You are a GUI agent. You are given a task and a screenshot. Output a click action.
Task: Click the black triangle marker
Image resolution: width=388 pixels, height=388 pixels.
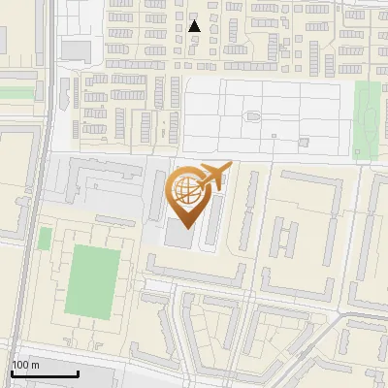pyautogui.click(x=195, y=26)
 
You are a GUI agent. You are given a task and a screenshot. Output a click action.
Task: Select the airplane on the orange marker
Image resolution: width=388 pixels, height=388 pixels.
pyautogui.click(x=214, y=176)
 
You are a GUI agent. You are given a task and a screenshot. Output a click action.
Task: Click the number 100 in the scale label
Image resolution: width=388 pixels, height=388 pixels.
pyautogui.click(x=19, y=365)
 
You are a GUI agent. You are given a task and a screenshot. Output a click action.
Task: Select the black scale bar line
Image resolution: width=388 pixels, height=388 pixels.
pyautogui.click(x=45, y=373)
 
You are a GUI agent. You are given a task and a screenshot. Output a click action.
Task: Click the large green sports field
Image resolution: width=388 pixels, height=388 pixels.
pyautogui.click(x=93, y=280)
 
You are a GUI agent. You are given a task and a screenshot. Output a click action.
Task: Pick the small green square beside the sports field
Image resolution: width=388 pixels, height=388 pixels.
pyautogui.click(x=45, y=238)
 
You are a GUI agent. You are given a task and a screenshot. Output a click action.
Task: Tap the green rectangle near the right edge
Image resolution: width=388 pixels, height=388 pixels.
pyautogui.click(x=367, y=118)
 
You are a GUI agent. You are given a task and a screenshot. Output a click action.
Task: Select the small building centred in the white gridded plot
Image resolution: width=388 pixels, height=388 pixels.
pyautogui.click(x=254, y=116)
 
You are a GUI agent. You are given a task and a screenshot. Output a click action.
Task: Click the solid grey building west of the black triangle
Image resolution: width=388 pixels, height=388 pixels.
pyautogui.click(x=75, y=50)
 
